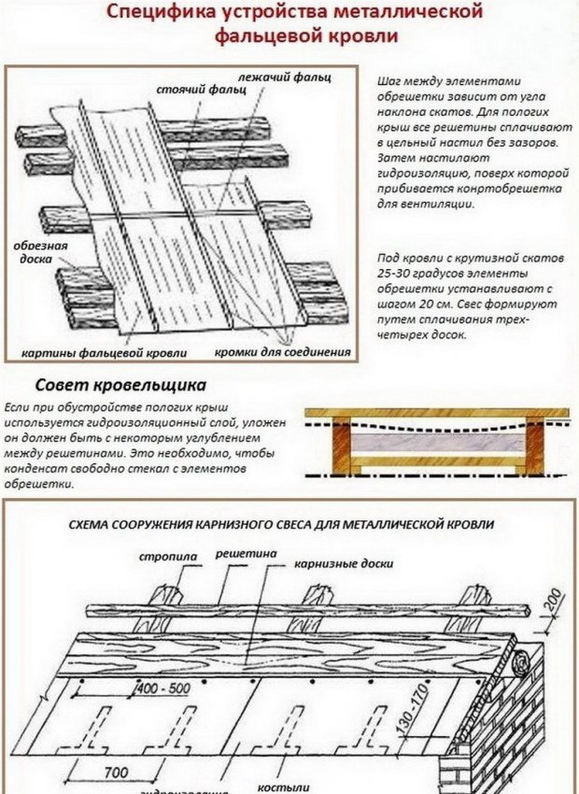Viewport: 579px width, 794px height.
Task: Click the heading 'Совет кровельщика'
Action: pos(120,385)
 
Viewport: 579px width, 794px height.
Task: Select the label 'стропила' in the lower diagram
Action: pos(167,557)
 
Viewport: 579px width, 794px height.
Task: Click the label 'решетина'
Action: pos(247,554)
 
